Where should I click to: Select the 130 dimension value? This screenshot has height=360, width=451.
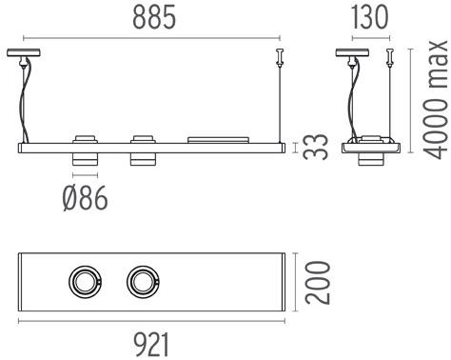(368, 16)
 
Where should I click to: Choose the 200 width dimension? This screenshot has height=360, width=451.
(320, 281)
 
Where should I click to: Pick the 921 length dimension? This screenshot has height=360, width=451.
(152, 343)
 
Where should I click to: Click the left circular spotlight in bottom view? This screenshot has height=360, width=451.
(84, 281)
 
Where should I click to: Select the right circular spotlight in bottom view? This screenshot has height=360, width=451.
(144, 281)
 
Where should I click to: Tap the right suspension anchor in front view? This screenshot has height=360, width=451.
(280, 57)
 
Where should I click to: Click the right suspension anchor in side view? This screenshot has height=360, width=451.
(388, 58)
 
